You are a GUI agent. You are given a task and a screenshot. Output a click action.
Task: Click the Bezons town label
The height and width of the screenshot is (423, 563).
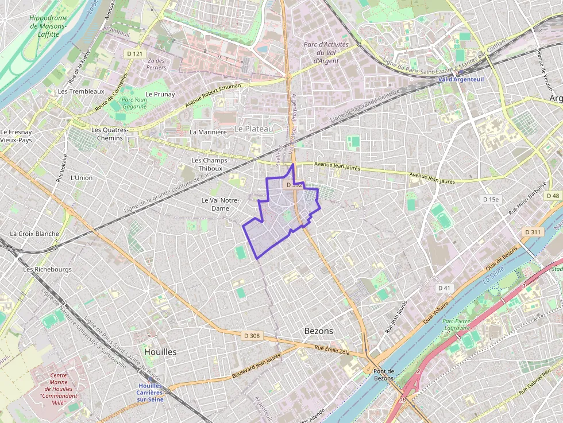pyautogui.click(x=318, y=331)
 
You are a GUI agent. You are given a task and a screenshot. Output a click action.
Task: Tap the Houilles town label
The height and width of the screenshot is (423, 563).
pyautogui.click(x=161, y=351)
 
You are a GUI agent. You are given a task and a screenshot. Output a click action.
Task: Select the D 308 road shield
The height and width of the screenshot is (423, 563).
pyautogui.click(x=252, y=335)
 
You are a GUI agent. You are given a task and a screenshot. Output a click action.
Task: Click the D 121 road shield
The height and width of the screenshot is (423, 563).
pyautogui.click(x=135, y=54)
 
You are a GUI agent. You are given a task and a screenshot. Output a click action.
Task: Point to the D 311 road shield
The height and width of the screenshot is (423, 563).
pyautogui.click(x=533, y=232)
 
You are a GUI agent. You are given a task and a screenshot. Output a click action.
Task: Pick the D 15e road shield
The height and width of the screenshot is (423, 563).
pyautogui.click(x=491, y=199)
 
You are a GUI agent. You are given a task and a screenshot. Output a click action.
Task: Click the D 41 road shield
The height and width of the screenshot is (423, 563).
pyautogui.click(x=444, y=288)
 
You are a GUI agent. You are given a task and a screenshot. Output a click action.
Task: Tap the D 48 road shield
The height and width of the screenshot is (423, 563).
pyautogui.click(x=553, y=196)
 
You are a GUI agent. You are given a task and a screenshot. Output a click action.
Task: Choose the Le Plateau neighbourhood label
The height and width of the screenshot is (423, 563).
pyautogui.click(x=253, y=129)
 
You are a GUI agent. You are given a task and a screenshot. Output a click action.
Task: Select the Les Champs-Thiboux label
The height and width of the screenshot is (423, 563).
pyautogui.click(x=210, y=164)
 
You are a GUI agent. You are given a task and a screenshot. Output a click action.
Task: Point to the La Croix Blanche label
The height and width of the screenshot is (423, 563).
pyautogui.click(x=34, y=234)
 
